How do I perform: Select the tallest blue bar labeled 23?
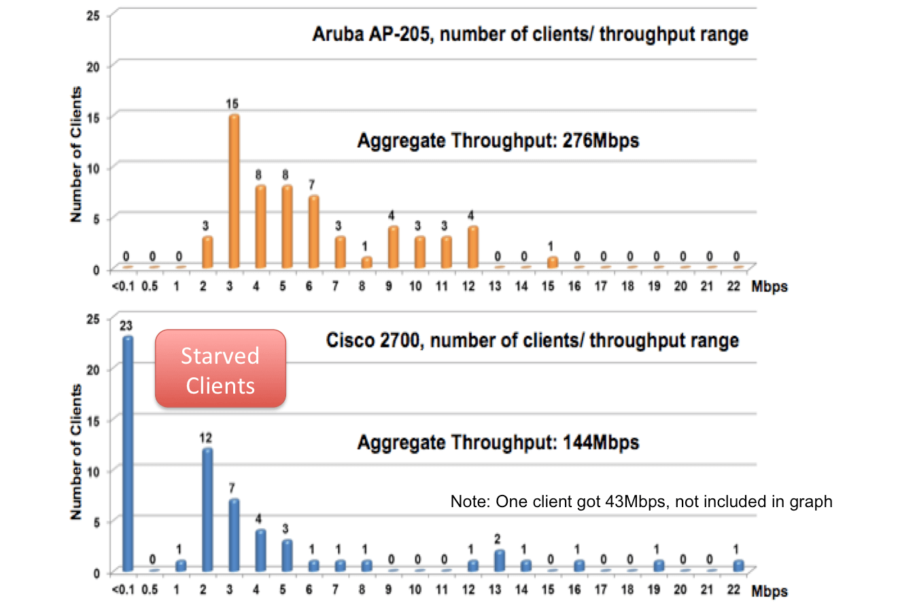127,453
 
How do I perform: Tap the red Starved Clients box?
220,369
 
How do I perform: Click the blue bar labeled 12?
207,509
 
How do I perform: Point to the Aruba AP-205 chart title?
530,34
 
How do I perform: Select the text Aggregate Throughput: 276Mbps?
498,142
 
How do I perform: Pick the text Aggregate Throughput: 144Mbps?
498,443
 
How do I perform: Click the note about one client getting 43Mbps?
641,502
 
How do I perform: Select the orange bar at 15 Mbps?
552,262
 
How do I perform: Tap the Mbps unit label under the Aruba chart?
770,286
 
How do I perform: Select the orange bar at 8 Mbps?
366,262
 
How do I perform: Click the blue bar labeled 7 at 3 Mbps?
233,534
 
